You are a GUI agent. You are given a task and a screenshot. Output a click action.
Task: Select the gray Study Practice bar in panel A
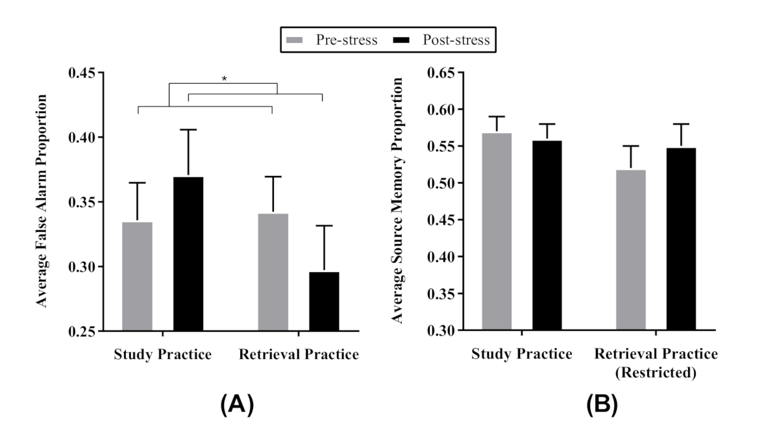pos(137,276)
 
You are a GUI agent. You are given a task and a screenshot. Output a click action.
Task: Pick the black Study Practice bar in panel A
pos(188,254)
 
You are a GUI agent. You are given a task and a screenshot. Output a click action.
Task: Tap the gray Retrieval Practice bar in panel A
pos(273,272)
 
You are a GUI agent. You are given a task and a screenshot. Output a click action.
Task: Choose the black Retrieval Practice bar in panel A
pos(324,301)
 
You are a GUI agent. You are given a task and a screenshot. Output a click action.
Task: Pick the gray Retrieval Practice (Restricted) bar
pos(630,250)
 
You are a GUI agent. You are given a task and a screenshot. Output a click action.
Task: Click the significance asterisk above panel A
pos(224,79)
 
